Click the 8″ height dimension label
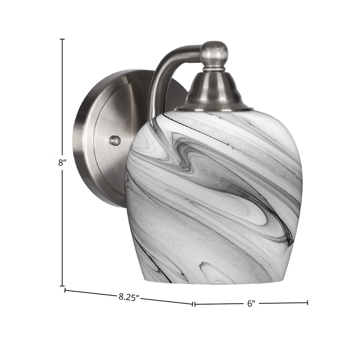tap(62, 163)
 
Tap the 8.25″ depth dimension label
tap(129, 297)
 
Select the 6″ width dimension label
tap(252, 303)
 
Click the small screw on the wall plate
tap(115, 140)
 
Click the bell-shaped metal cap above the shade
tap(213, 93)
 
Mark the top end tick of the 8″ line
tap(62, 39)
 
